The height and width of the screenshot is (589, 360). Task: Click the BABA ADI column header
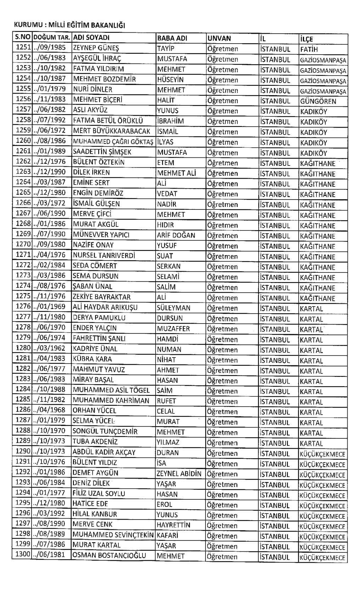[x=172, y=38]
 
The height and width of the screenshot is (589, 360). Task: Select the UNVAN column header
[x=219, y=38]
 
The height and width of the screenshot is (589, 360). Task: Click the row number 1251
[x=23, y=48]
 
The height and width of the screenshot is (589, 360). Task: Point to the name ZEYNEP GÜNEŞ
[x=96, y=48]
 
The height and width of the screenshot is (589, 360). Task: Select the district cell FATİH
[x=309, y=49]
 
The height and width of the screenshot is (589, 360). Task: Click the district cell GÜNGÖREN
[x=318, y=101]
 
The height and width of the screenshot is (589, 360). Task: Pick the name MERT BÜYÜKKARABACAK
[x=112, y=131]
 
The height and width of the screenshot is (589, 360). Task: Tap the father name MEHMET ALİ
[x=176, y=173]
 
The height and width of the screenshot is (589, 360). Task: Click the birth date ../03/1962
[x=50, y=348]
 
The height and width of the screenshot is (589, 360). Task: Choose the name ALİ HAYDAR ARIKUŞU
[x=105, y=307]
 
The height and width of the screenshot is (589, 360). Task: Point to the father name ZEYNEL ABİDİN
[x=179, y=473]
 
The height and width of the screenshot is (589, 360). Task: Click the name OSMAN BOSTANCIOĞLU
[x=109, y=555]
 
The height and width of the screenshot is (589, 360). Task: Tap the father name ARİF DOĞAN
[x=176, y=235]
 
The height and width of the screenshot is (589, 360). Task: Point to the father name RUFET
[x=167, y=400]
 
